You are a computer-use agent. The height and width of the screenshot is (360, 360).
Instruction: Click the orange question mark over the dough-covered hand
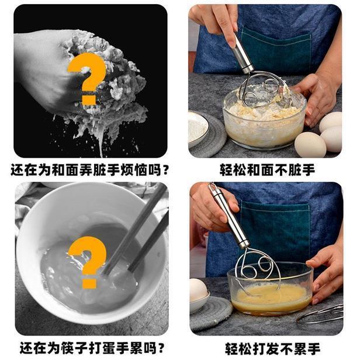(x=87, y=78)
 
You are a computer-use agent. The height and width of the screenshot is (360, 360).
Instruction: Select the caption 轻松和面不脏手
(x=267, y=170)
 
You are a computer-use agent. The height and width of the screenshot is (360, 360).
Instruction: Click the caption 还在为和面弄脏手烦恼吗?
(x=90, y=170)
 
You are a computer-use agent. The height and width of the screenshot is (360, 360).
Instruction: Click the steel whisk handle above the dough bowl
(x=243, y=53)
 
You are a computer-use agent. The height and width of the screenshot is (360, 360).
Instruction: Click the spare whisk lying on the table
(x=321, y=314)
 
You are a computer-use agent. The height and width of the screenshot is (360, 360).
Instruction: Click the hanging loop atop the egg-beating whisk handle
(x=213, y=187)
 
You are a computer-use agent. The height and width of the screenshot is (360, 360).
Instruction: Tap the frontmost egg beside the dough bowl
(x=310, y=145)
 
